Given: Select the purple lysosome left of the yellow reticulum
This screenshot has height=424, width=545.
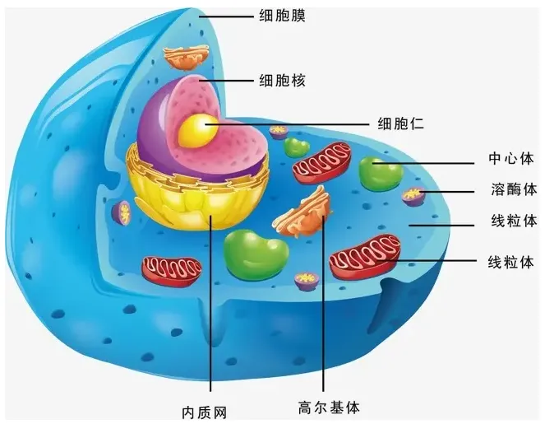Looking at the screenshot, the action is [x=124, y=212].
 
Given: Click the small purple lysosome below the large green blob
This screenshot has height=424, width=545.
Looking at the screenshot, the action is [x=307, y=280].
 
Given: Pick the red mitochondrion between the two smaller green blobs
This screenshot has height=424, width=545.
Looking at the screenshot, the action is [x=323, y=161].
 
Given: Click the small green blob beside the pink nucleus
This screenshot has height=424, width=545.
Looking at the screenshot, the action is [x=297, y=148].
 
